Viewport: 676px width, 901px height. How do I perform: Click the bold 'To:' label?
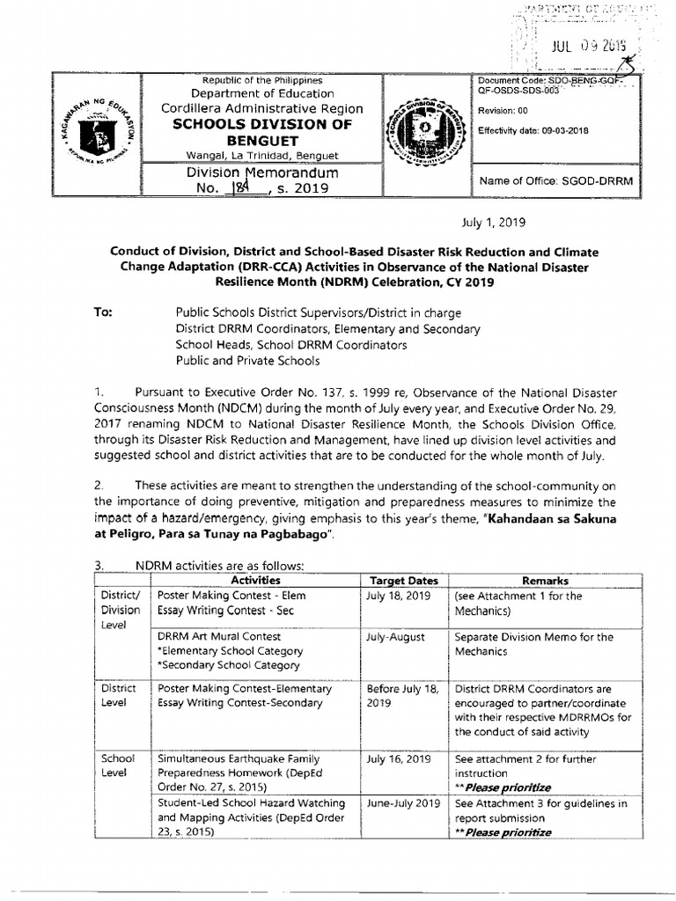coord(102,312)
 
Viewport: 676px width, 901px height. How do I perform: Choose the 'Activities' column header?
coord(255,581)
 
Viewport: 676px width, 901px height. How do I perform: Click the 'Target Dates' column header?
coord(403,581)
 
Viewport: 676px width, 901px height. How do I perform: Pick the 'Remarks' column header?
coord(546,581)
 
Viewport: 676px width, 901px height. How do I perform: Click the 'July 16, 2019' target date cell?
coord(399,758)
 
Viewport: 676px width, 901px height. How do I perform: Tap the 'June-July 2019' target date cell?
coord(403,803)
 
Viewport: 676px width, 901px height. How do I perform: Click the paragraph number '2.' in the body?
coord(99,485)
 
